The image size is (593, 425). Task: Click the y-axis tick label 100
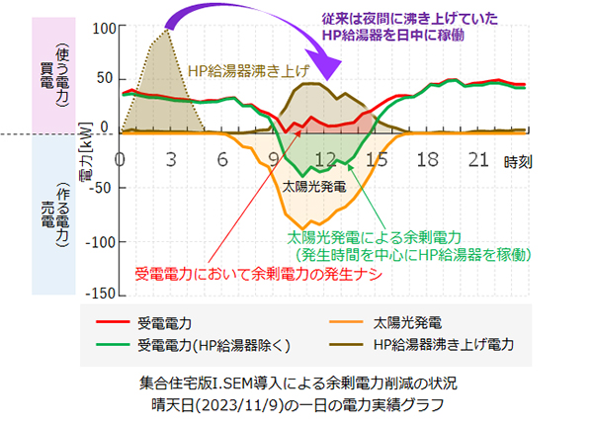tap(102, 26)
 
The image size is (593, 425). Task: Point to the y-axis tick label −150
tap(97, 294)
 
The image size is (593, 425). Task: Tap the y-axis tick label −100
tap(97, 240)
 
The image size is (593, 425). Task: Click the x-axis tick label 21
tap(479, 158)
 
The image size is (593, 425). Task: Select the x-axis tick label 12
tap(325, 158)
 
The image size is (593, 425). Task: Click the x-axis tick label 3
tap(172, 158)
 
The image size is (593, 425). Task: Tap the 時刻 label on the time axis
tap(518, 160)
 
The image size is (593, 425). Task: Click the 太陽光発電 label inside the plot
tap(314, 186)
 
